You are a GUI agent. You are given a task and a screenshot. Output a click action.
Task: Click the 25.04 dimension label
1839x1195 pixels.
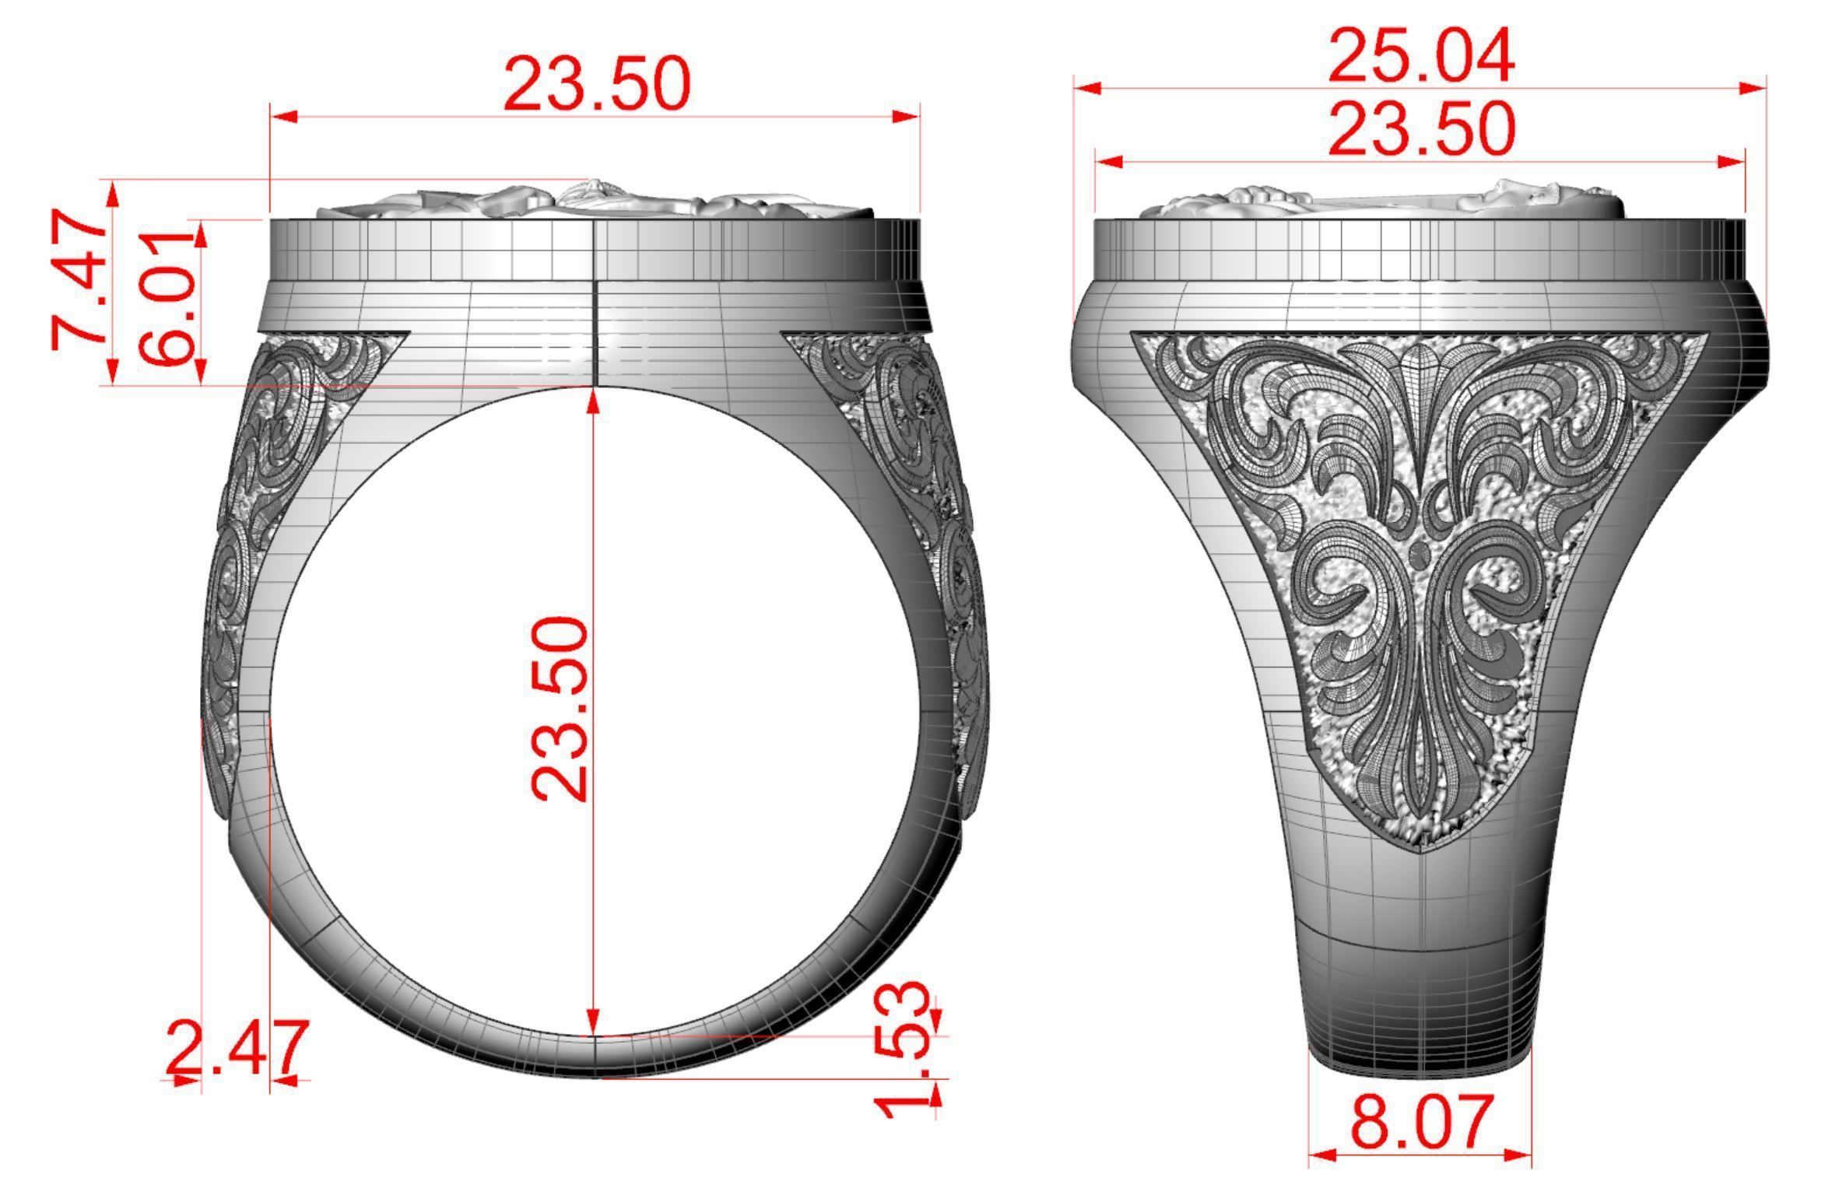pyautogui.click(x=1420, y=56)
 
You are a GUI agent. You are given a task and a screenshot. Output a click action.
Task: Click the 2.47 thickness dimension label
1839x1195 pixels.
pyautogui.click(x=237, y=1048)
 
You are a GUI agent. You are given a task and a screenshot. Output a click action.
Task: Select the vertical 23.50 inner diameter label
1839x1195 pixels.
pyautogui.click(x=559, y=708)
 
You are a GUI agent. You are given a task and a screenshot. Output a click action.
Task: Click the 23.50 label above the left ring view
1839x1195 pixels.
pyautogui.click(x=597, y=84)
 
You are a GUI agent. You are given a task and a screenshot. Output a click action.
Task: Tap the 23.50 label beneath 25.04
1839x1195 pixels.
pyautogui.click(x=1421, y=129)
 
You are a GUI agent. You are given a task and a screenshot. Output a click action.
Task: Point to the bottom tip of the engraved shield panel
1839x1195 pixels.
pyautogui.click(x=1421, y=852)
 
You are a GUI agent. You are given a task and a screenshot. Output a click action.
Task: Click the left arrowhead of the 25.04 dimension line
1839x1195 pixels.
pyautogui.click(x=1088, y=89)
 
